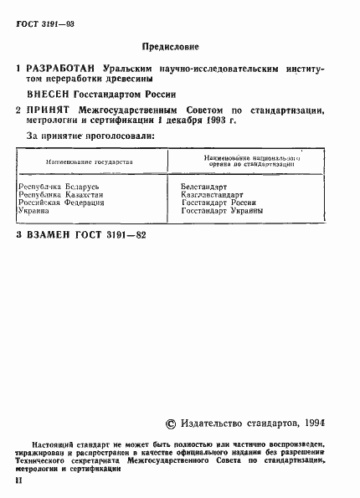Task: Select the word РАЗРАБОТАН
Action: [62, 66]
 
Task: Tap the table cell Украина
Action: [35, 211]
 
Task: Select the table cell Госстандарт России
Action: [218, 203]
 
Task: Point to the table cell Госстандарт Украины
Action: [222, 211]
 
